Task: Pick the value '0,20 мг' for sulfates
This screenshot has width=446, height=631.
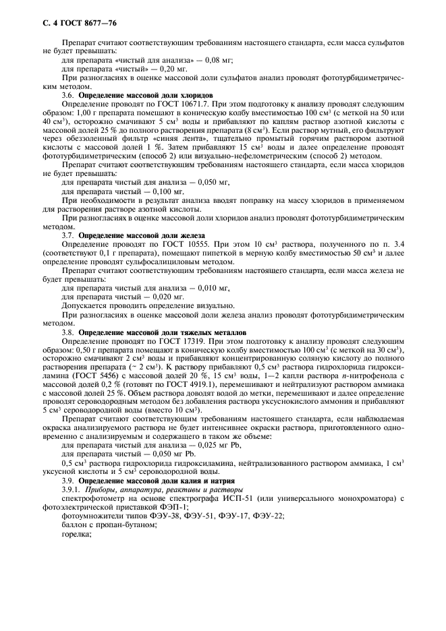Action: click(172, 69)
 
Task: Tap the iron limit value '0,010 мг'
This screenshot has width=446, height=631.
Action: click(211, 287)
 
